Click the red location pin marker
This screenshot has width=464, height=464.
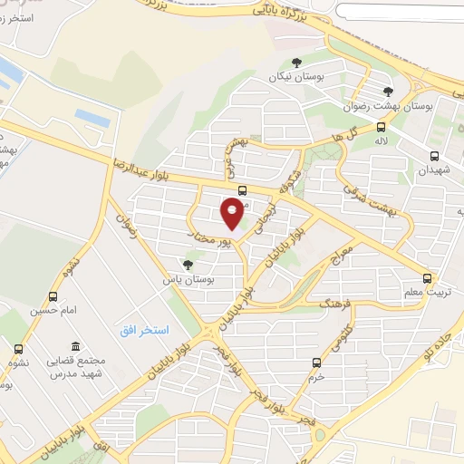(x=233, y=215)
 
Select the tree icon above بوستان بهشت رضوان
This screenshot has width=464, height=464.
(x=388, y=91)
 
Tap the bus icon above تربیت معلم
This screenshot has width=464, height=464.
(x=428, y=278)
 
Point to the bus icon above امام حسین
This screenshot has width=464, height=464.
(x=53, y=296)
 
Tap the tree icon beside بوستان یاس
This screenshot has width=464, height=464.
(x=188, y=265)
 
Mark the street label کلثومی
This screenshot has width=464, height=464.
(x=333, y=343)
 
